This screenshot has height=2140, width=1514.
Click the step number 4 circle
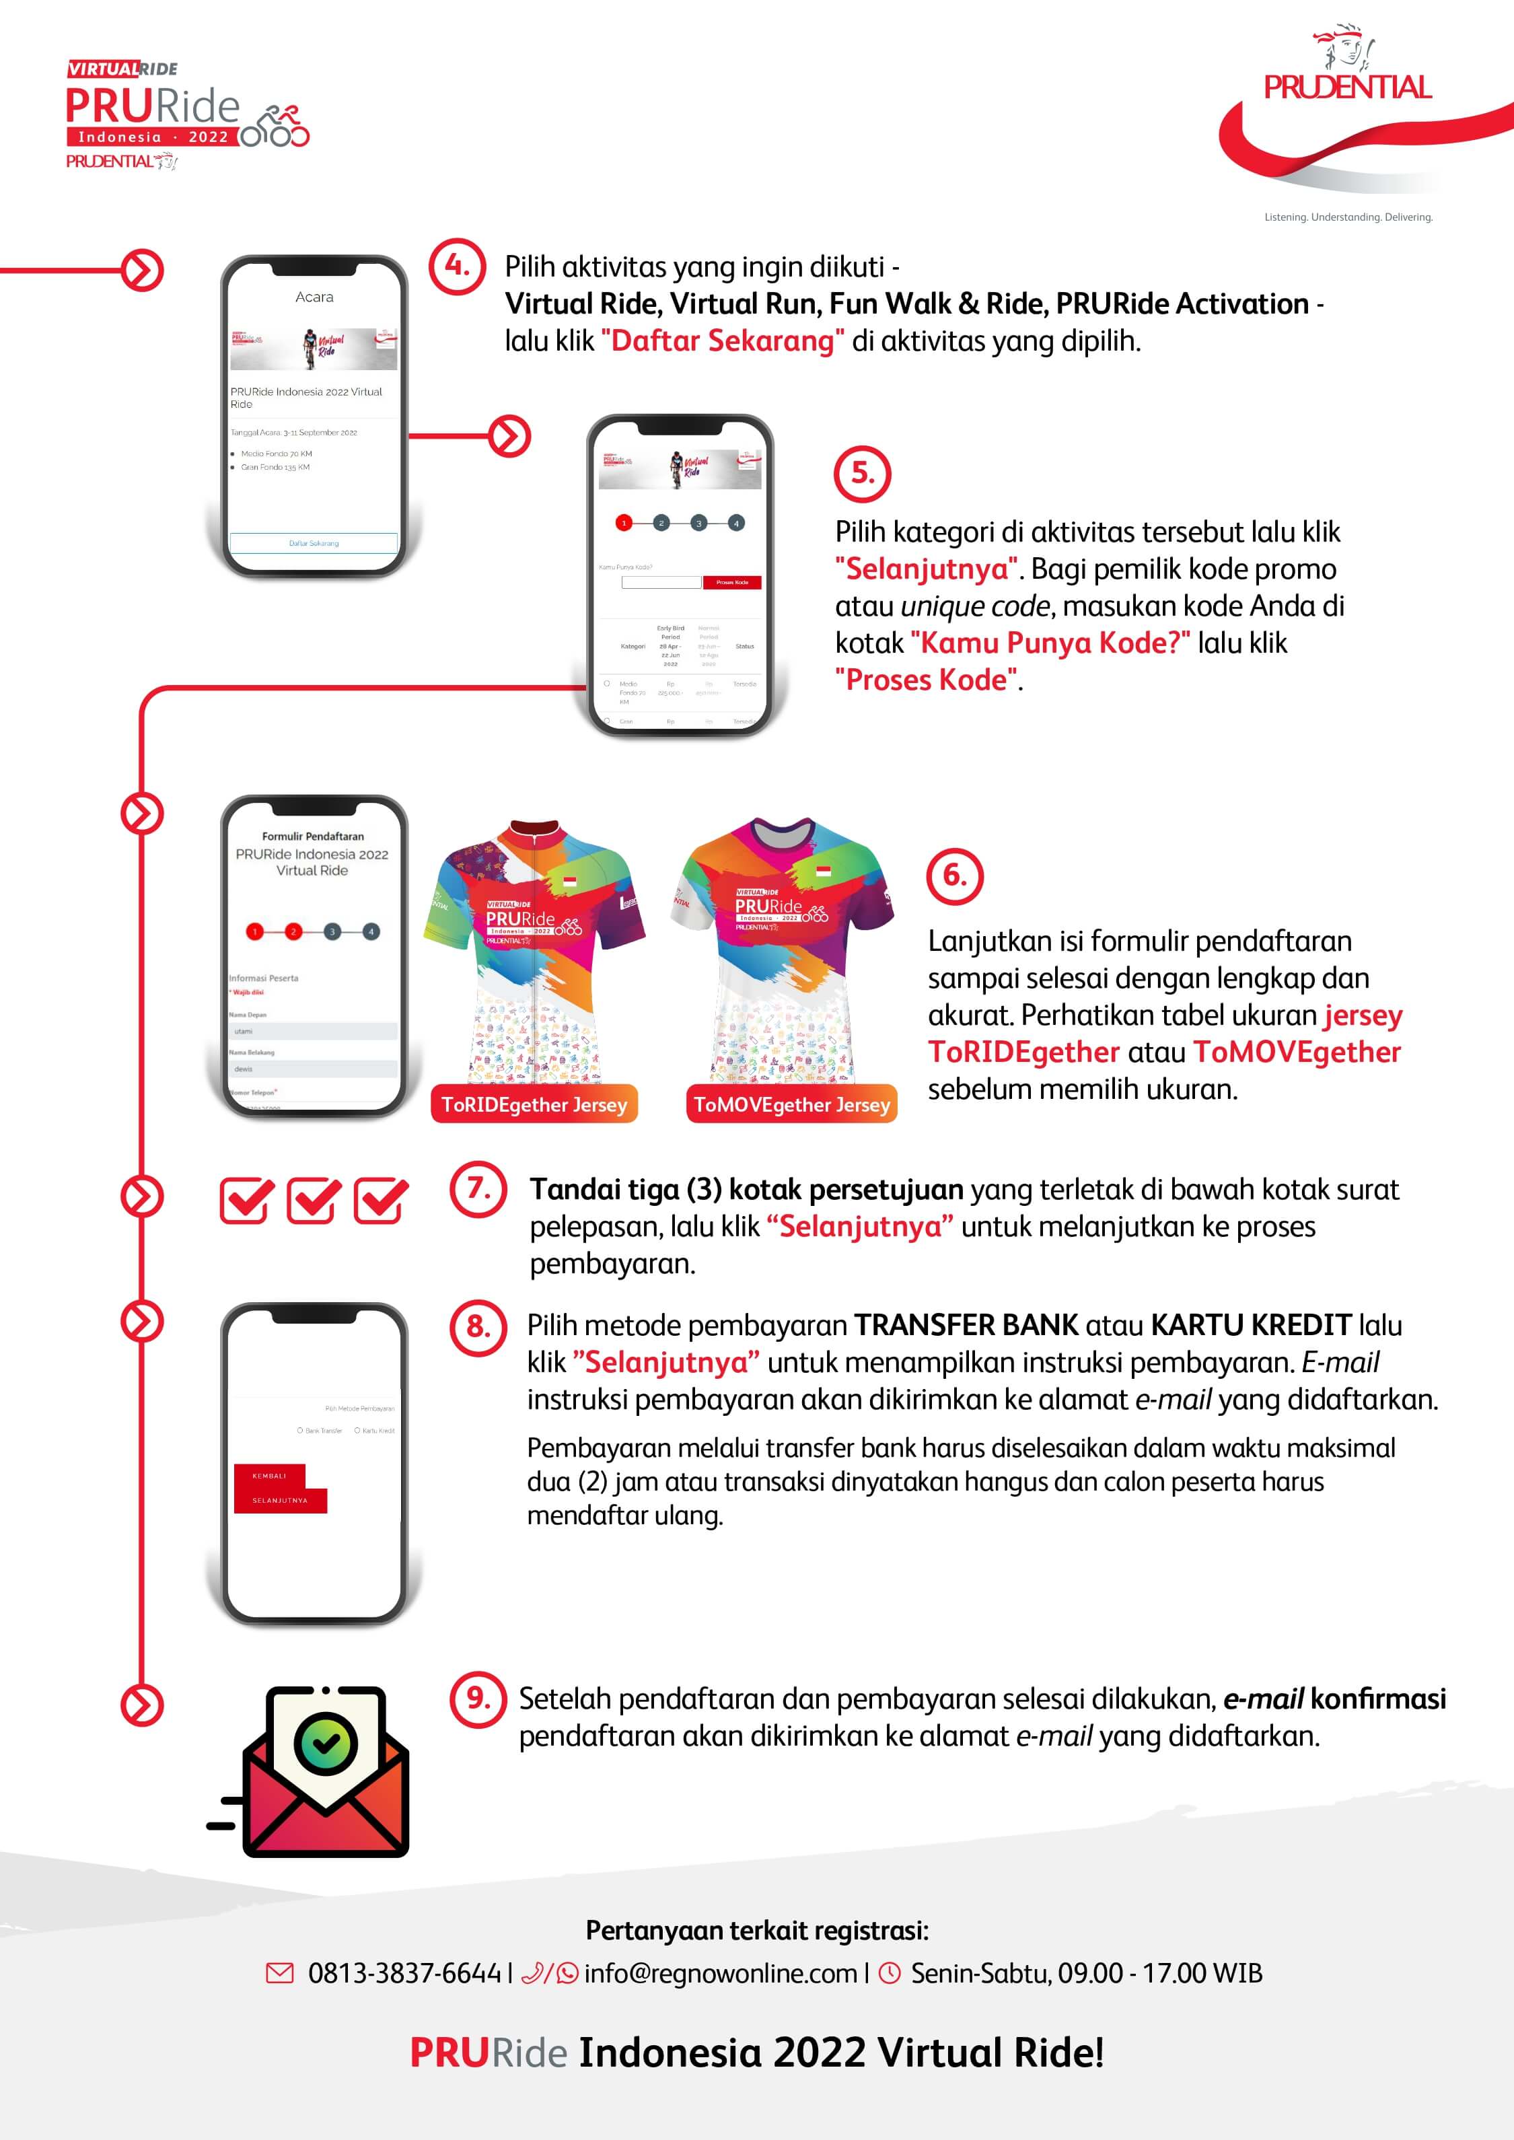457,266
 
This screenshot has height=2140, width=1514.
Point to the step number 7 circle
478,1189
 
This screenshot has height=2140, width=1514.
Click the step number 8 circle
478,1326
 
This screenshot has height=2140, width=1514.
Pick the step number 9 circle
478,1699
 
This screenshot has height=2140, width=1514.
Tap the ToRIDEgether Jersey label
534,1105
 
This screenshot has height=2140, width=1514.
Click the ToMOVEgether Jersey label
791,1105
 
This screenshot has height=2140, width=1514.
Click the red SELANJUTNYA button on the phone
280,1500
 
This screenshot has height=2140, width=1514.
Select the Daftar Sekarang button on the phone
314,542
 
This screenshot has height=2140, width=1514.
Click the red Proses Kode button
732,583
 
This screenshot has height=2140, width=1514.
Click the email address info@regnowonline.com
720,1974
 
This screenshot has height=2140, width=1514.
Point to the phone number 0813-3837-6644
404,1974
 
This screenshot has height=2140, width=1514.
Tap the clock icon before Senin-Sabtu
890,1973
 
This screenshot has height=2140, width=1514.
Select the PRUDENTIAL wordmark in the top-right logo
1347,87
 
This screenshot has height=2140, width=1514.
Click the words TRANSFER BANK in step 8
966,1325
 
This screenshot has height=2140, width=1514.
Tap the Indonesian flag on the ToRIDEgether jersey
570,881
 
